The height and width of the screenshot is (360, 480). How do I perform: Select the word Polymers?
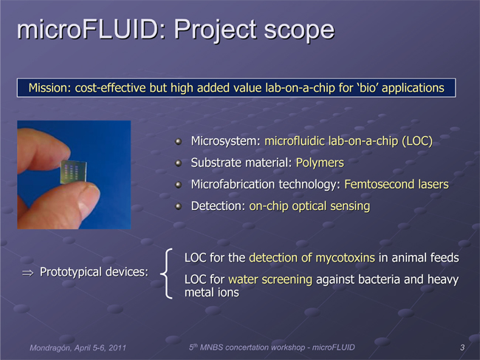click(320, 163)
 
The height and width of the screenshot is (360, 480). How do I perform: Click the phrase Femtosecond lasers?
click(397, 185)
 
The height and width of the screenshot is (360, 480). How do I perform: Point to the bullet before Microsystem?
click(178, 141)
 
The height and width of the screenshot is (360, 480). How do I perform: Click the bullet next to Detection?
click(178, 206)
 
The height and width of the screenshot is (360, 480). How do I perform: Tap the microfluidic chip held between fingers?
click(73, 171)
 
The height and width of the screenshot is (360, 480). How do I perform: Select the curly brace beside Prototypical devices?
click(167, 273)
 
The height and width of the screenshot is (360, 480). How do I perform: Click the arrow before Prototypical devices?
click(27, 273)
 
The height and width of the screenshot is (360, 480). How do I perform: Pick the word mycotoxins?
click(345, 258)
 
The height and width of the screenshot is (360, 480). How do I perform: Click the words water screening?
click(270, 279)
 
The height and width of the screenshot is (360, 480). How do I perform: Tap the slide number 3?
click(462, 347)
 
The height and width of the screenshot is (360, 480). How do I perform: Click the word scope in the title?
click(299, 30)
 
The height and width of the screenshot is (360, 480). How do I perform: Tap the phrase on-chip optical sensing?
click(309, 206)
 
